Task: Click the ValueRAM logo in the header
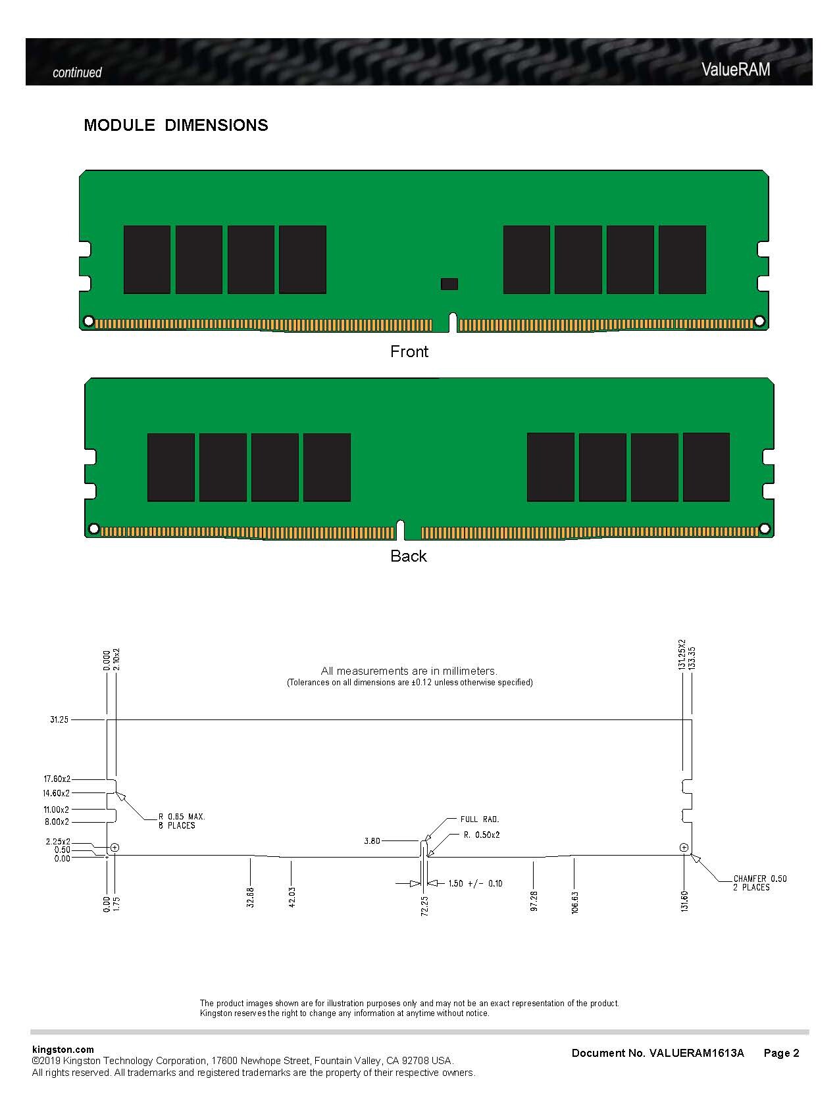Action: pos(735,70)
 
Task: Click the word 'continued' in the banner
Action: pos(77,72)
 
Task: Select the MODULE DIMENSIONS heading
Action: pos(176,125)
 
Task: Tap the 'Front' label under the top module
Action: pos(409,351)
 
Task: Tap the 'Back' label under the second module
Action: pos(408,556)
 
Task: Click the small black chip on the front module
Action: pos(449,283)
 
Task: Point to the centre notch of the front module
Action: pos(453,323)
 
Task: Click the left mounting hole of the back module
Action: pos(93,529)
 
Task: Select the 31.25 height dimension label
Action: pos(59,719)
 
